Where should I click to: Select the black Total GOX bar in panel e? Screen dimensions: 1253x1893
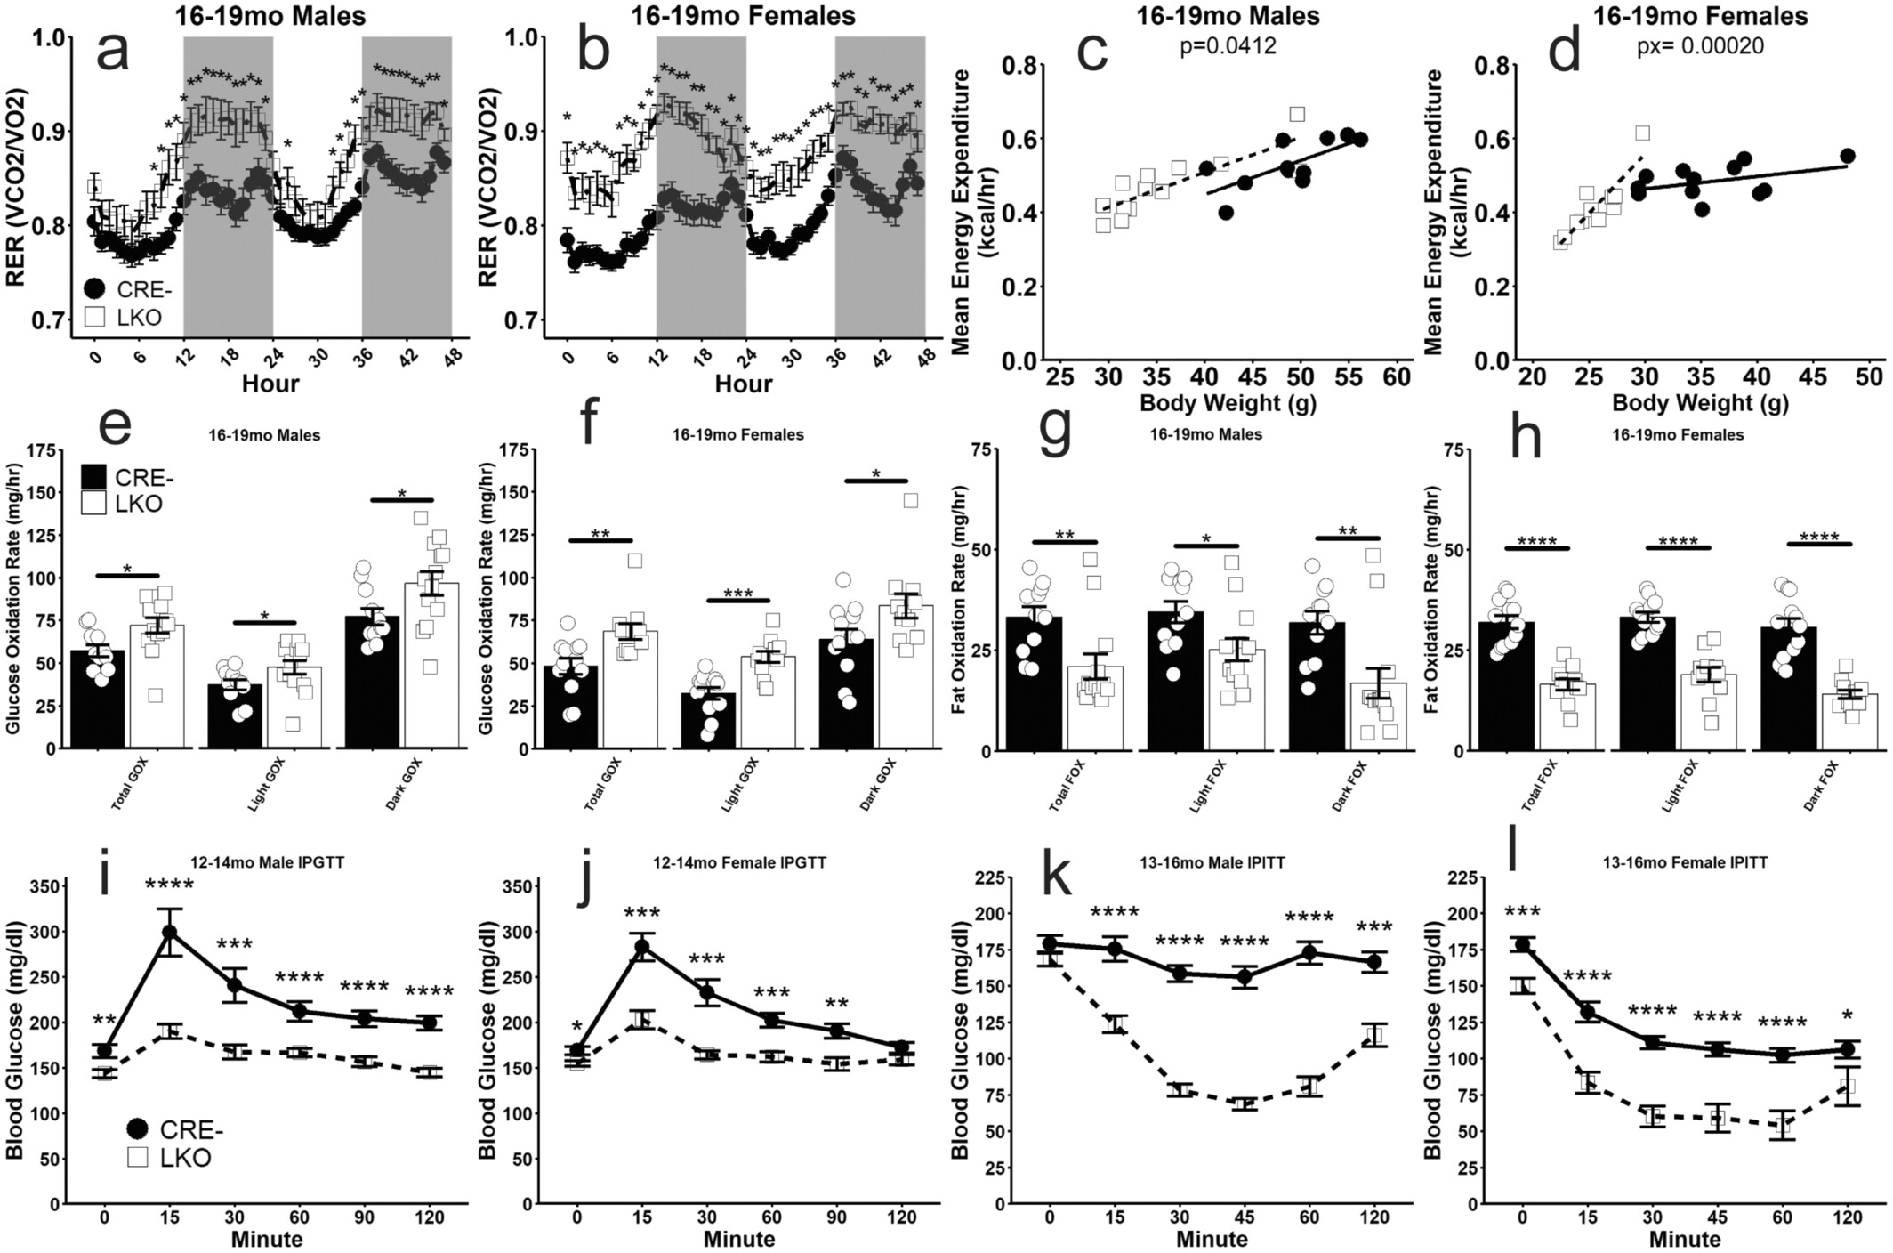[98, 699]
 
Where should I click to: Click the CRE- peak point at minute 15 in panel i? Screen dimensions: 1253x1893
[169, 932]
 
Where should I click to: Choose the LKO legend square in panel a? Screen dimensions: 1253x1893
[95, 317]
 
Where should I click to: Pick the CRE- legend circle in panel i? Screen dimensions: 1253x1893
[138, 1129]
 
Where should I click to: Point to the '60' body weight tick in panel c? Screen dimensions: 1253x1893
[1397, 377]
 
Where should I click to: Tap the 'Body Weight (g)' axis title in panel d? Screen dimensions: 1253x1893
[1700, 404]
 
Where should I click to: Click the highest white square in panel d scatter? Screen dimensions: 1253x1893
[1642, 133]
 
